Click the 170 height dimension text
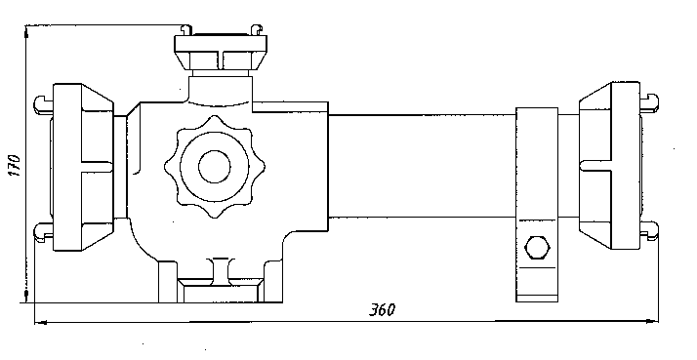[15, 165]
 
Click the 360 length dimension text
[382, 309]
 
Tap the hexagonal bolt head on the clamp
[538, 247]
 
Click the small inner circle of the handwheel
[215, 167]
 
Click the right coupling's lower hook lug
[649, 230]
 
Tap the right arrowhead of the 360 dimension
[652, 320]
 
